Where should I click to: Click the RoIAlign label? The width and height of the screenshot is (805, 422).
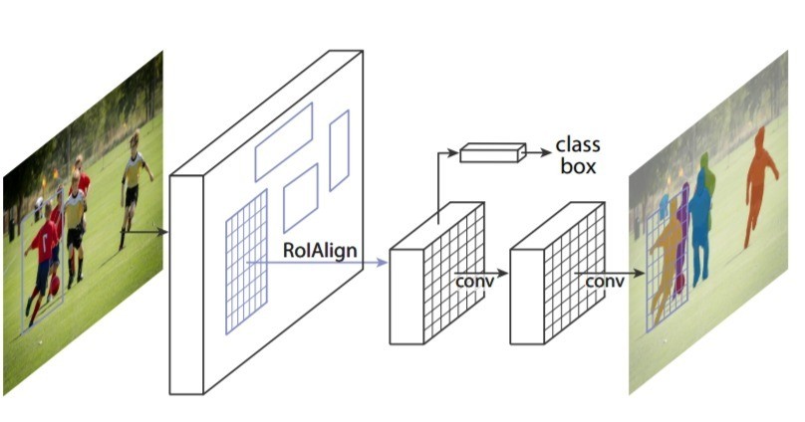click(320, 250)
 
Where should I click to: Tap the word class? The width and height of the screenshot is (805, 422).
click(578, 145)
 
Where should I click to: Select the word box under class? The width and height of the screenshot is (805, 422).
click(578, 166)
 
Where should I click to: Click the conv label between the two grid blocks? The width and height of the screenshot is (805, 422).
click(475, 281)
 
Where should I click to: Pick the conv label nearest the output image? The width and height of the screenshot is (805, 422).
click(605, 281)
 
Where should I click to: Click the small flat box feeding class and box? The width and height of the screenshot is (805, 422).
click(493, 153)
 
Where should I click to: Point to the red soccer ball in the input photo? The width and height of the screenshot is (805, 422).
click(55, 285)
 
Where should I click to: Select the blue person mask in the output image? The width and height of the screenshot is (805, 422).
click(700, 221)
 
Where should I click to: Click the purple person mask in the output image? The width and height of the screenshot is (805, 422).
click(681, 241)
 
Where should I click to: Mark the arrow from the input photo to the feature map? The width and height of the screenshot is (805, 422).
click(144, 232)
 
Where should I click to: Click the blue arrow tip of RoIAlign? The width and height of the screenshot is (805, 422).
click(384, 263)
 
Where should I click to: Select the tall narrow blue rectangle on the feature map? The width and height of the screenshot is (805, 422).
click(340, 150)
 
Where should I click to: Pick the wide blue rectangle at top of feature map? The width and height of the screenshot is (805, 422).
click(284, 142)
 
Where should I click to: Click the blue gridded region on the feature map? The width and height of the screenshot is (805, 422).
click(246, 262)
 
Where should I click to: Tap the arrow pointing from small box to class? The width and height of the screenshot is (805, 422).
click(539, 152)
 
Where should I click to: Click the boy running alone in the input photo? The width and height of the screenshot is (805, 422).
click(134, 187)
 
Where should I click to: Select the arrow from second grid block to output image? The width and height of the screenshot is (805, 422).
click(610, 274)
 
